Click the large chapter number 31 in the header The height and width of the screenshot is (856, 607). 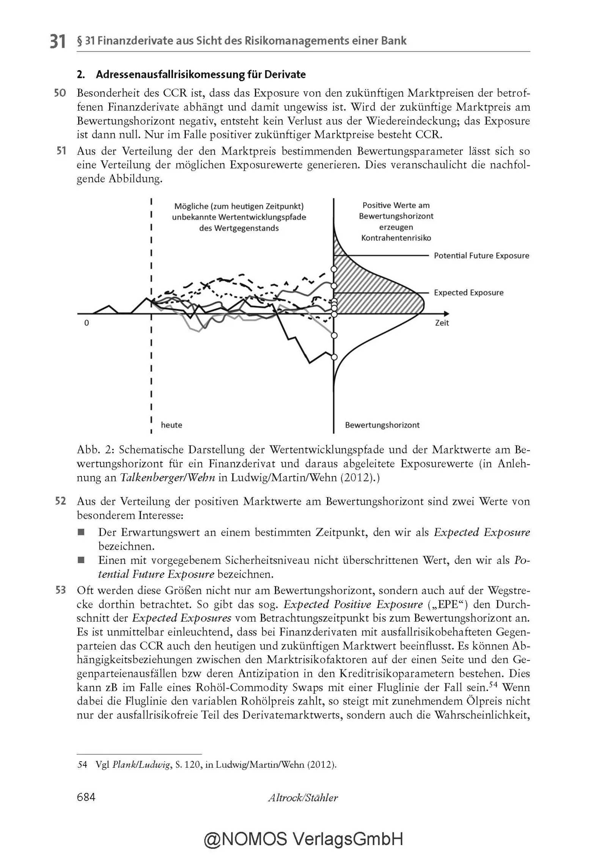pyautogui.click(x=58, y=41)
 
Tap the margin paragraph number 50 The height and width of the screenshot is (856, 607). pyautogui.click(x=60, y=93)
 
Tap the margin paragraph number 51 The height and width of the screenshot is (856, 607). pyautogui.click(x=61, y=151)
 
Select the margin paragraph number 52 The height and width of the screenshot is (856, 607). pyautogui.click(x=60, y=501)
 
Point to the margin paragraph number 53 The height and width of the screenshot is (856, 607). pyautogui.click(x=60, y=590)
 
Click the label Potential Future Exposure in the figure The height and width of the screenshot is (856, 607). pyautogui.click(x=481, y=256)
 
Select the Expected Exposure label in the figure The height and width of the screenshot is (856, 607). pyautogui.click(x=469, y=293)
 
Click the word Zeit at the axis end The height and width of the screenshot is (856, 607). pyautogui.click(x=442, y=323)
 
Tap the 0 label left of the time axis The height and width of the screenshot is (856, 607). pyautogui.click(x=86, y=323)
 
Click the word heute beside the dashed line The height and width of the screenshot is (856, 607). pyautogui.click(x=171, y=425)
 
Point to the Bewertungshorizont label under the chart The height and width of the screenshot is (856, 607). pyautogui.click(x=382, y=425)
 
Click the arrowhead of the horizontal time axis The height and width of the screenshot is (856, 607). pyautogui.click(x=446, y=314)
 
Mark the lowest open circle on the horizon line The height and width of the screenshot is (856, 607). pyautogui.click(x=334, y=357)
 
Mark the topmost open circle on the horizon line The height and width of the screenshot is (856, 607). pyautogui.click(x=334, y=269)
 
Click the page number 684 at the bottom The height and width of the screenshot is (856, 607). pyautogui.click(x=86, y=797)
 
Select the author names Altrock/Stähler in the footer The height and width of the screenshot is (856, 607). pyautogui.click(x=303, y=798)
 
